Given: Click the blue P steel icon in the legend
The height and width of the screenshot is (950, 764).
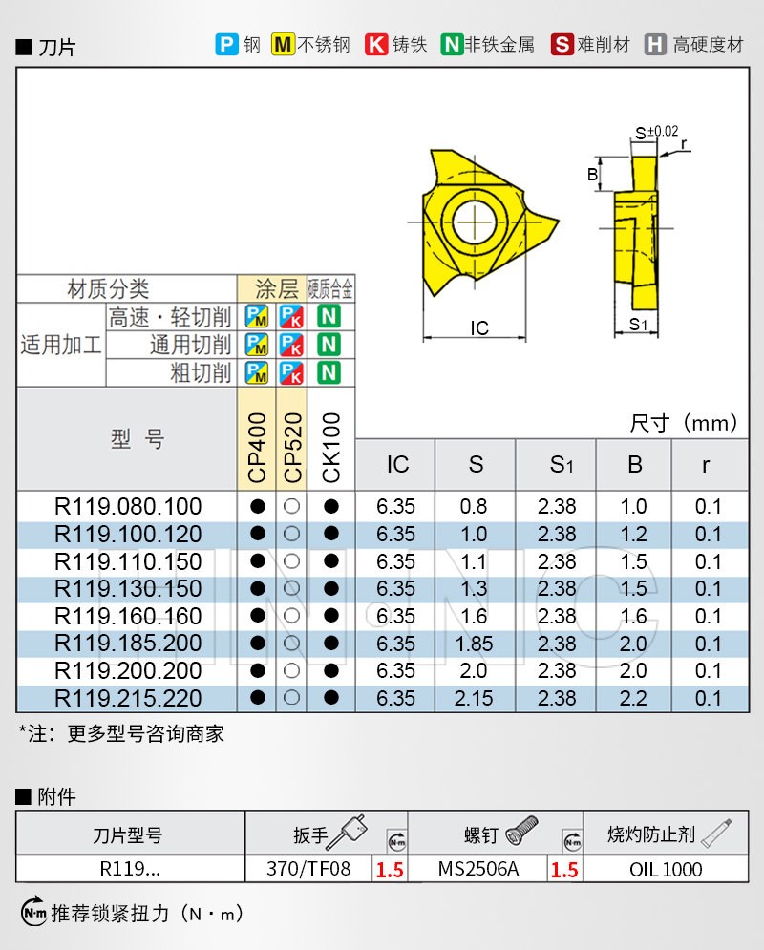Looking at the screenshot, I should (226, 44).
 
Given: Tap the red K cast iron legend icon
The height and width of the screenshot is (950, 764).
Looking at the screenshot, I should (376, 44).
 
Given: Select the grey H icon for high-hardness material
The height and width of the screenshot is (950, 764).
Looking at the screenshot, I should (655, 44).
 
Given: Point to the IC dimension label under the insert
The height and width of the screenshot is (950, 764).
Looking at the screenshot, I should (479, 328).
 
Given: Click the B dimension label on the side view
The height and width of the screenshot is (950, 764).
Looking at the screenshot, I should (592, 175).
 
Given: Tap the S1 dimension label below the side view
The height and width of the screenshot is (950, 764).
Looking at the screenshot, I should (639, 325).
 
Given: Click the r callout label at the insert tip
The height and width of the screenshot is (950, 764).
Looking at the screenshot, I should (684, 143).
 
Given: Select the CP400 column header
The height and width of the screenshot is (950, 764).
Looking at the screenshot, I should (257, 447).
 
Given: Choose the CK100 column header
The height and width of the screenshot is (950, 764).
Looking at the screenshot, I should (330, 447).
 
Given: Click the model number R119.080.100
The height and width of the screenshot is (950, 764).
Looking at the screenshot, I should (128, 507).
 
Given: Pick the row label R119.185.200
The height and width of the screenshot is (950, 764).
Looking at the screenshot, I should (128, 644).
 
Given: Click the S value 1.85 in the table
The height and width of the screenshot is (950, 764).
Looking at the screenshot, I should (476, 644).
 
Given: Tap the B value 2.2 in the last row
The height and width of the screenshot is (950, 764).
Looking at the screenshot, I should (633, 699).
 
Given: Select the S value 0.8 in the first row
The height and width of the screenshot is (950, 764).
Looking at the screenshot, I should (476, 507).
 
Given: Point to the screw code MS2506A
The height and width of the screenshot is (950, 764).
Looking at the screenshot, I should (478, 869).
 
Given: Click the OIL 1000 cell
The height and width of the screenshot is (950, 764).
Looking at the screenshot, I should (666, 869).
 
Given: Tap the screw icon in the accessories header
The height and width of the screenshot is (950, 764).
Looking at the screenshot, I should (522, 829).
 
